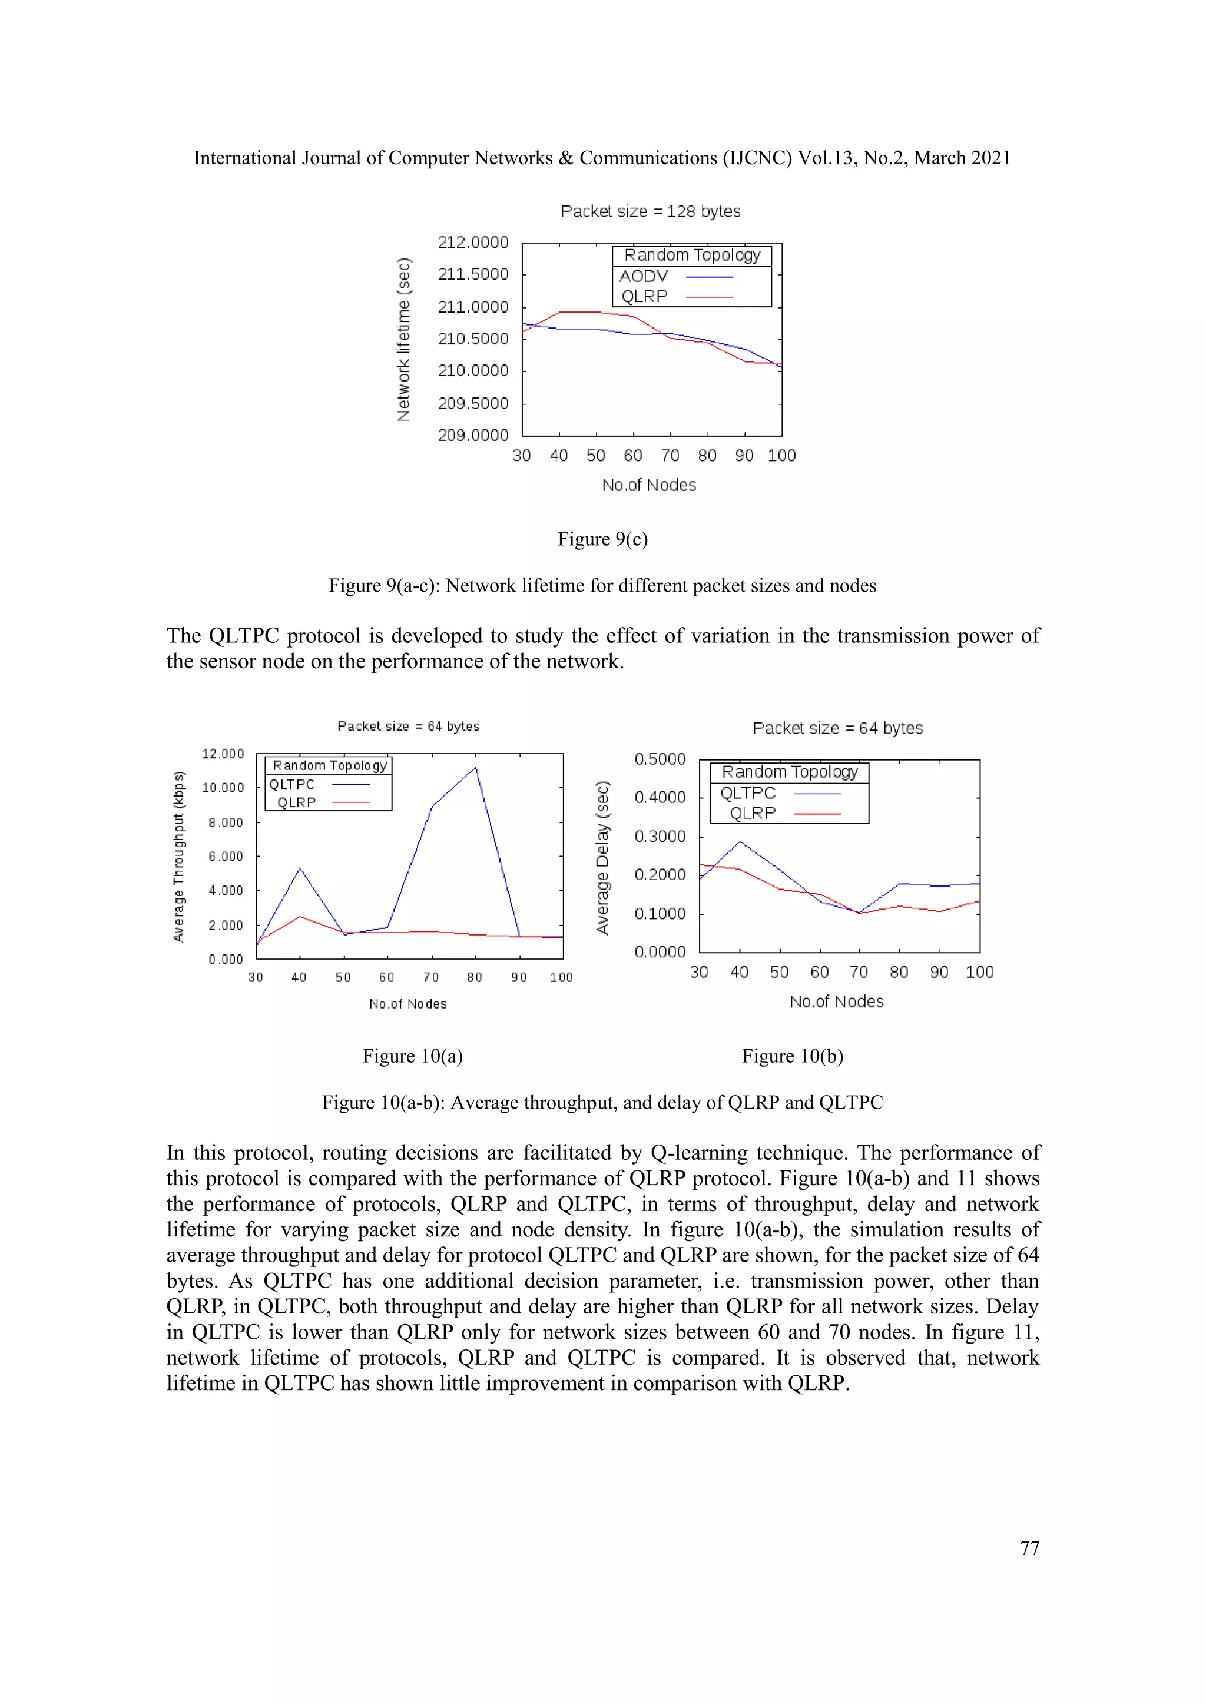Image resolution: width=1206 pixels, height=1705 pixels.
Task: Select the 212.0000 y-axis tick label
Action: point(473,242)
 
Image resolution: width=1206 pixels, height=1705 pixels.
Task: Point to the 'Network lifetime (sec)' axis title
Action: point(403,339)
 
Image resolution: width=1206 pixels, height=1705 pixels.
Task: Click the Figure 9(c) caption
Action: point(602,539)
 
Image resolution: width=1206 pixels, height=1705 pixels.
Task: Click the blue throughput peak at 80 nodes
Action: point(475,768)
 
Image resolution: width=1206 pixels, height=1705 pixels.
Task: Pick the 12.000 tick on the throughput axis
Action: point(223,754)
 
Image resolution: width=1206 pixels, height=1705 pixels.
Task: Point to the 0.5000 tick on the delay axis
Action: point(660,759)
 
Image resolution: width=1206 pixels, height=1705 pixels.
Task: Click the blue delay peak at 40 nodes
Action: point(740,842)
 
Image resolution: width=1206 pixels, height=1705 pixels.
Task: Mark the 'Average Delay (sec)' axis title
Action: point(602,858)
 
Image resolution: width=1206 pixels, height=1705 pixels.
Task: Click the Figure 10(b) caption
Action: point(793,1056)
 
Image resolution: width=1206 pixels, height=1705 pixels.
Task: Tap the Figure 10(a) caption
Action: point(412,1056)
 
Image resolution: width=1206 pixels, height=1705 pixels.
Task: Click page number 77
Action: point(1029,1548)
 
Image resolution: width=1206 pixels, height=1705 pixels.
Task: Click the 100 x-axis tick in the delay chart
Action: point(979,972)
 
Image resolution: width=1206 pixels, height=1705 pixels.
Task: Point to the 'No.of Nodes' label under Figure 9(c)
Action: point(649,485)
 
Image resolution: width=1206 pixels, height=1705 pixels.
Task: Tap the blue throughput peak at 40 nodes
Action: point(300,868)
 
